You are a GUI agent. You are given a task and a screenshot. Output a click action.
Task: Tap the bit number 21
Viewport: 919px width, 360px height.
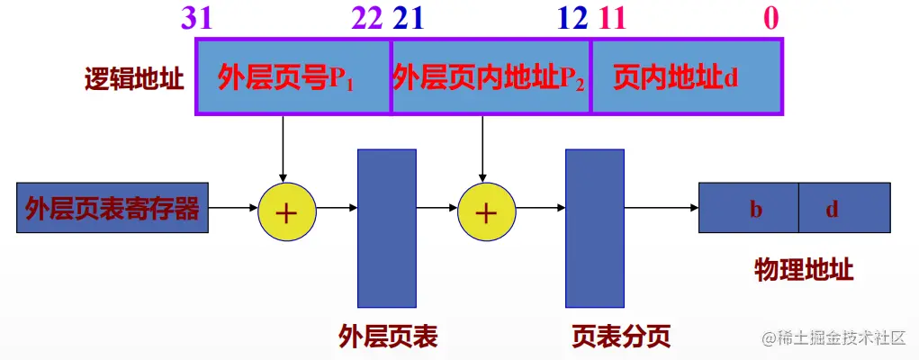pyautogui.click(x=407, y=18)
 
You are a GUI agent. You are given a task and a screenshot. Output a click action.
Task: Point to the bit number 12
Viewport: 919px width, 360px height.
pyautogui.click(x=572, y=18)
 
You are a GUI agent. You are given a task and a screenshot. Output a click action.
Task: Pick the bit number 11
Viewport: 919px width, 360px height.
pyautogui.click(x=611, y=18)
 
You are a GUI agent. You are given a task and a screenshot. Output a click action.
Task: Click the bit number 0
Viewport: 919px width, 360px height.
pyautogui.click(x=771, y=18)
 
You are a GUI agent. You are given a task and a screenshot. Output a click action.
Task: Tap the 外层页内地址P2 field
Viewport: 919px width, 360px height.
pyautogui.click(x=491, y=77)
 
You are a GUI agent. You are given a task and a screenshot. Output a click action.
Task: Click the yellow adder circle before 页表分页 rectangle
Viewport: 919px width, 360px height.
pyautogui.click(x=486, y=212)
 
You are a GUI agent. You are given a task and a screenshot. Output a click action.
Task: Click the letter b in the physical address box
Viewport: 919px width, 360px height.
pyautogui.click(x=756, y=210)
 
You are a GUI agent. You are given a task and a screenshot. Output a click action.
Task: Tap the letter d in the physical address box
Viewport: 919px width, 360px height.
pyautogui.click(x=833, y=210)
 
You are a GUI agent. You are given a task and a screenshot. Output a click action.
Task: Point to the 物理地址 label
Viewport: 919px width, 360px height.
pyautogui.click(x=805, y=270)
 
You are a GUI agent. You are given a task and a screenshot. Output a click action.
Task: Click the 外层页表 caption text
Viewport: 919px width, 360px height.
pyautogui.click(x=388, y=337)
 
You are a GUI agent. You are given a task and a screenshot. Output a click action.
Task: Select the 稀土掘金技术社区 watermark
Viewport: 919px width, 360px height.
pyautogui.click(x=833, y=338)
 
